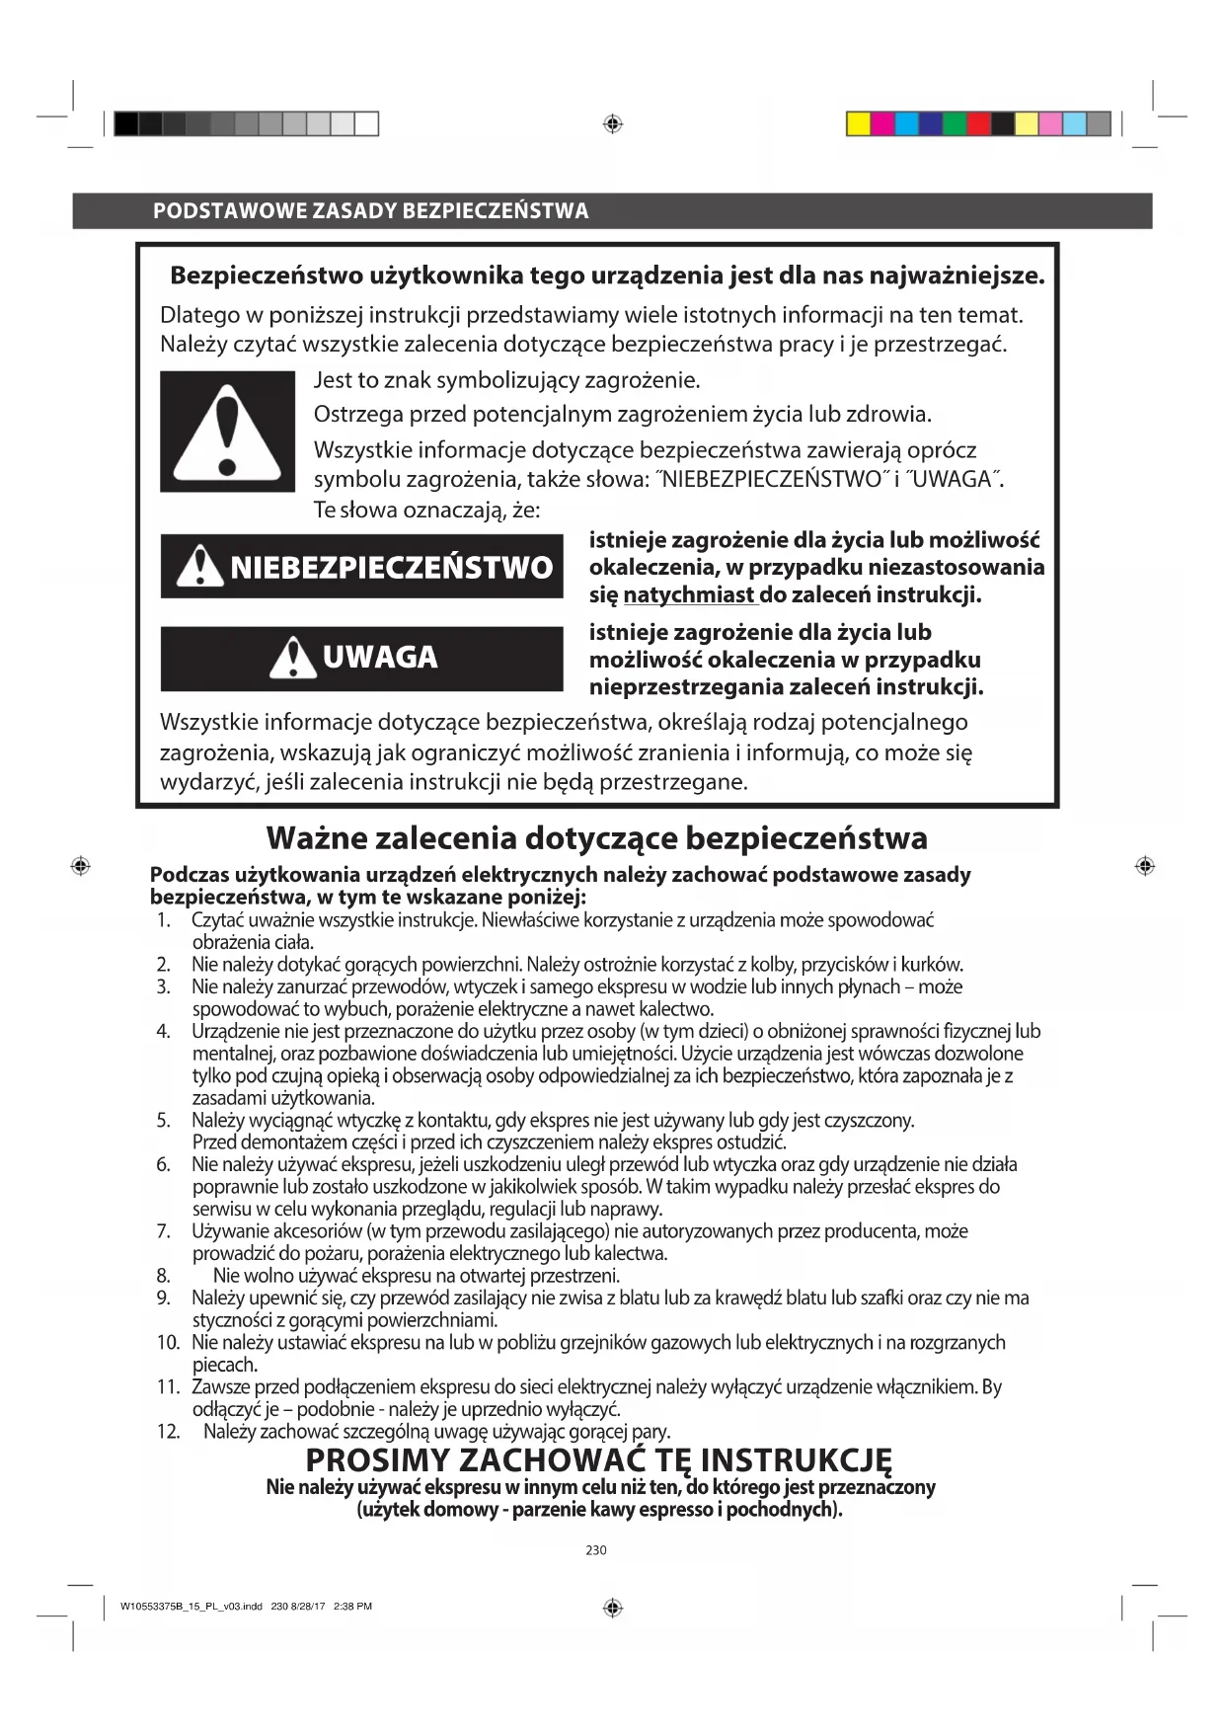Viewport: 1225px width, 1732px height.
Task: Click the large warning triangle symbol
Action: coord(227,432)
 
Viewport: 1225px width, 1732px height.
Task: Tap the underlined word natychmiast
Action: coord(688,594)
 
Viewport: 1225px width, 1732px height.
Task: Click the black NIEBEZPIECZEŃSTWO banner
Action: coord(361,567)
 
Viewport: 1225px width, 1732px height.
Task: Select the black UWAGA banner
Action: coord(361,658)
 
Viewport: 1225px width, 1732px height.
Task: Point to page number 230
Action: coord(596,1550)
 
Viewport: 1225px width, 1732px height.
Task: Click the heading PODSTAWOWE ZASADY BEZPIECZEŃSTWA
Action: coord(370,210)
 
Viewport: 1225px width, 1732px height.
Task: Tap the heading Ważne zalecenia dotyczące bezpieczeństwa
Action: coord(596,838)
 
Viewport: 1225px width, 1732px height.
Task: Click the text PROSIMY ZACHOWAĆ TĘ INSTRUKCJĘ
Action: coord(598,1459)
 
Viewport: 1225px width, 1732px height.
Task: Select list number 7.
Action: coord(164,1231)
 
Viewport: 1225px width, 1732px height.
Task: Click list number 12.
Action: coord(168,1432)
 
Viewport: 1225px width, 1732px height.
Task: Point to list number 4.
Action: coord(164,1032)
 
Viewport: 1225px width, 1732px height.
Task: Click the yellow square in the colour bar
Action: coord(859,123)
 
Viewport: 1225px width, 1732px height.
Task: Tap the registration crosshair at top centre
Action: coord(612,124)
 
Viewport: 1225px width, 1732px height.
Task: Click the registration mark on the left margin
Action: coord(81,866)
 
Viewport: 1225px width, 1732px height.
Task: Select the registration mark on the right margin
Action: coord(1145,866)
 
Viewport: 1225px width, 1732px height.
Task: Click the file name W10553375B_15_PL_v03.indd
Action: coord(191,1607)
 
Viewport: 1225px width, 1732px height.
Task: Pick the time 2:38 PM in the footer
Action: coord(353,1607)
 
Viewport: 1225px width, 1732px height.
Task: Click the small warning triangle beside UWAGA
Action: coord(292,658)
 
